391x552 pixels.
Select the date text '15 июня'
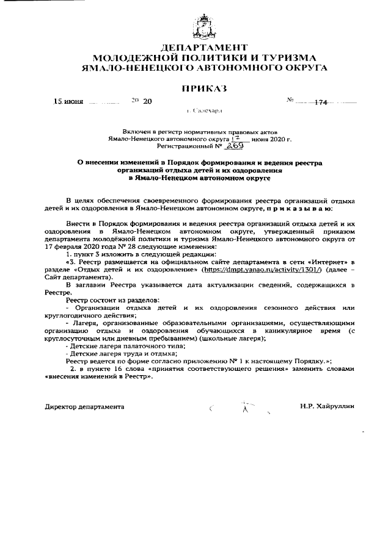(68, 102)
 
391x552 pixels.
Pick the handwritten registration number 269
(218, 146)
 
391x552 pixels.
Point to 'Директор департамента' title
(85, 406)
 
